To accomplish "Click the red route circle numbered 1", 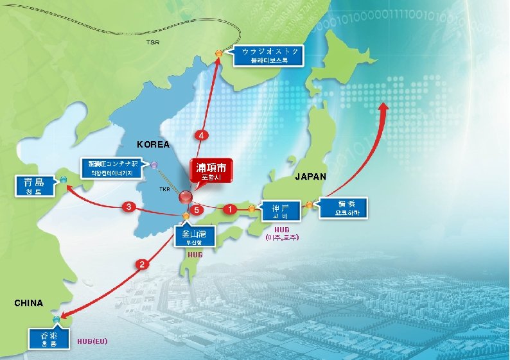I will [229, 209].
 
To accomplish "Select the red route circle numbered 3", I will [129, 207].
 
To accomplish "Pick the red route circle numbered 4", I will [202, 136].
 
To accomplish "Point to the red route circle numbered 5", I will [198, 210].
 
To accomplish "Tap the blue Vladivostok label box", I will [269, 56].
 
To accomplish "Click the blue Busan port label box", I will [191, 237].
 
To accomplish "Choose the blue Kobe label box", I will [280, 211].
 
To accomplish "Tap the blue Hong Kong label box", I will [44, 338].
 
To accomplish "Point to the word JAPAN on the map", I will [310, 176].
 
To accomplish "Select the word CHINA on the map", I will [28, 303].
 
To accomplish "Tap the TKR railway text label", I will [164, 190].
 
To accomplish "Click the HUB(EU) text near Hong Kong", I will [92, 341].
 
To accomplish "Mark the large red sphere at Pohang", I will [186, 197].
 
